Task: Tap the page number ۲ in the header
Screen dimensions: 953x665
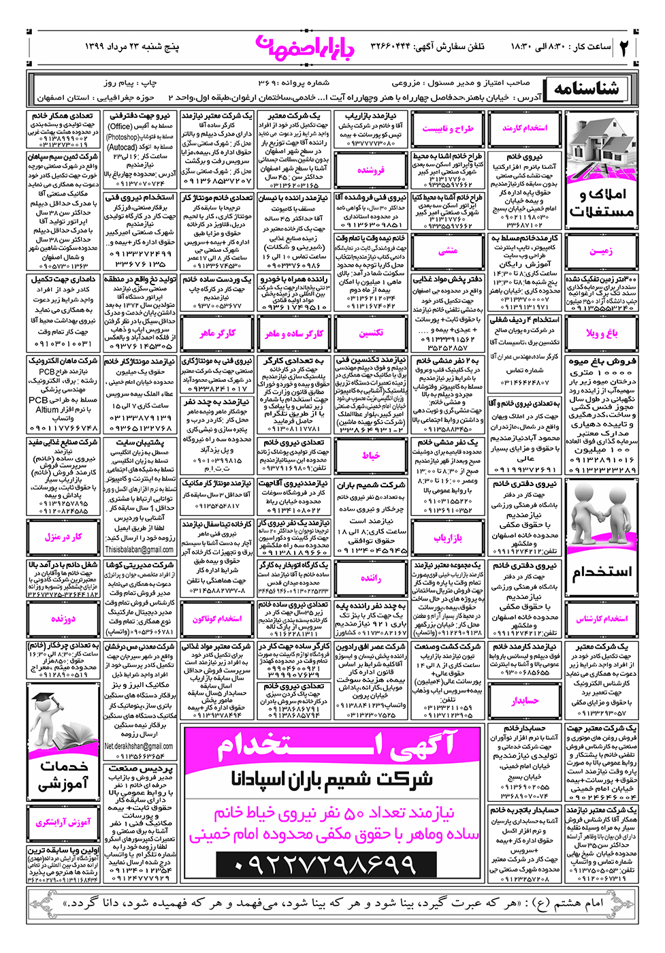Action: coord(623,46)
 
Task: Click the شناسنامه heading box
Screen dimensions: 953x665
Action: coord(586,89)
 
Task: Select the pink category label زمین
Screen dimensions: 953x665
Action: coord(601,251)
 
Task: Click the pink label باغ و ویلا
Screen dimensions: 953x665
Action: coord(602,333)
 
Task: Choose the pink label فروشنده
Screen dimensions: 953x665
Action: coord(371,170)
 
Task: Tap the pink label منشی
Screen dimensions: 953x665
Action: coord(448,251)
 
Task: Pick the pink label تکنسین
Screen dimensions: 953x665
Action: coord(371,333)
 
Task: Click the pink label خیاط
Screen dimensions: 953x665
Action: coord(371,455)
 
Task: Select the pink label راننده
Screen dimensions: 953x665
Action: coord(371,578)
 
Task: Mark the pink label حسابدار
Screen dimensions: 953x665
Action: coord(525,700)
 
